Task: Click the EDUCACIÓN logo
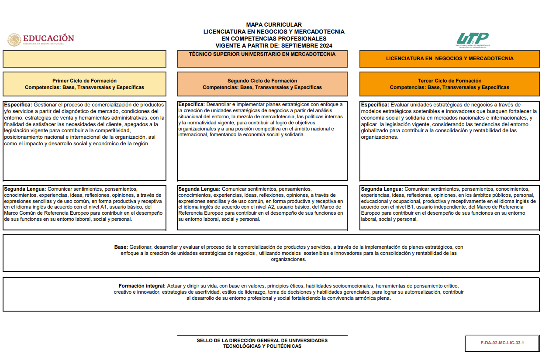(x=41, y=39)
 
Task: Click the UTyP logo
(x=473, y=39)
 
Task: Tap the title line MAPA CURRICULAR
(x=274, y=25)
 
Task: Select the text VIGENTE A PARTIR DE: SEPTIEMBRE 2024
(x=274, y=46)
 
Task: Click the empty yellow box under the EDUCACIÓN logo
(x=84, y=59)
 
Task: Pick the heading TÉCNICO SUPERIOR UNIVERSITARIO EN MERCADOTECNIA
(x=262, y=55)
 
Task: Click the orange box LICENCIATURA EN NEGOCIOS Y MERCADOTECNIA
(x=449, y=58)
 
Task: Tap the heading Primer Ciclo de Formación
(x=84, y=81)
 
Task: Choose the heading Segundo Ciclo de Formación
(x=262, y=81)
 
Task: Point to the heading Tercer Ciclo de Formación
(x=449, y=81)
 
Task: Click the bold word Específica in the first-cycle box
(x=17, y=105)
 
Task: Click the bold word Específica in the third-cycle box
(x=375, y=105)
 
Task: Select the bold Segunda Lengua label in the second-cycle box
(x=199, y=189)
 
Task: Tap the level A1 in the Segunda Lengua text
(x=104, y=207)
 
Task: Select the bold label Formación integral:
(x=142, y=286)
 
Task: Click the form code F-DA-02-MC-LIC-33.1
(x=502, y=343)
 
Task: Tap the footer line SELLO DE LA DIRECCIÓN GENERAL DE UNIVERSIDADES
(x=262, y=340)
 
